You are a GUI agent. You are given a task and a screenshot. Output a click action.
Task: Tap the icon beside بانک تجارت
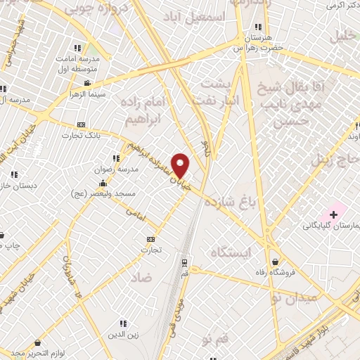pos(81,124)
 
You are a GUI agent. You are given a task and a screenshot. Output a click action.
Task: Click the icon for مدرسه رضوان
pos(115,158)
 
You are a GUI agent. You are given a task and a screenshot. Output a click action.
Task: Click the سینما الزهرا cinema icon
pos(86,83)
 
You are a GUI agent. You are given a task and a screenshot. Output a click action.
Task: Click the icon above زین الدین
pos(123,323)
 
